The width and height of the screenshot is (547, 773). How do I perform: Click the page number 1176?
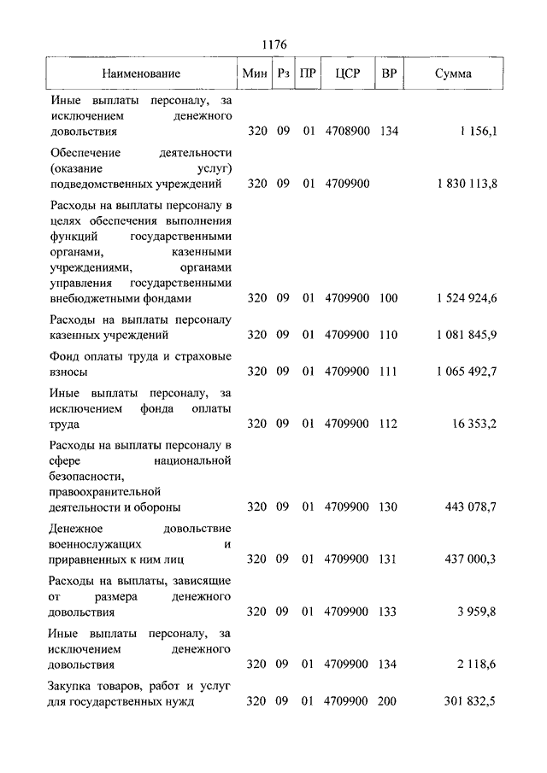pos(273,44)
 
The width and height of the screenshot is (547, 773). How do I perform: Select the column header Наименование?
pos(141,73)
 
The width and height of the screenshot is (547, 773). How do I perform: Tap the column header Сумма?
pos(452,73)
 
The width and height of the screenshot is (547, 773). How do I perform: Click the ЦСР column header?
pos(346,73)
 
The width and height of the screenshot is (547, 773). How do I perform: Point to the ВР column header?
pos(389,73)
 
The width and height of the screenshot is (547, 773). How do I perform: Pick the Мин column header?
pos(255,73)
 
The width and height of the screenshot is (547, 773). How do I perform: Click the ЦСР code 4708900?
pos(346,132)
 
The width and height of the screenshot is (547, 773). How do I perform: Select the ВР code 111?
pos(389,372)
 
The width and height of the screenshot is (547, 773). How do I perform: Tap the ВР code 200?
pos(389,701)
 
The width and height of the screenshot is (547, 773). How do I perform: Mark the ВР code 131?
pos(389,559)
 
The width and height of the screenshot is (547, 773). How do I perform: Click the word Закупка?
pos(74,685)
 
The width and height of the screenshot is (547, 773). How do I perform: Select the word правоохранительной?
pos(106,491)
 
